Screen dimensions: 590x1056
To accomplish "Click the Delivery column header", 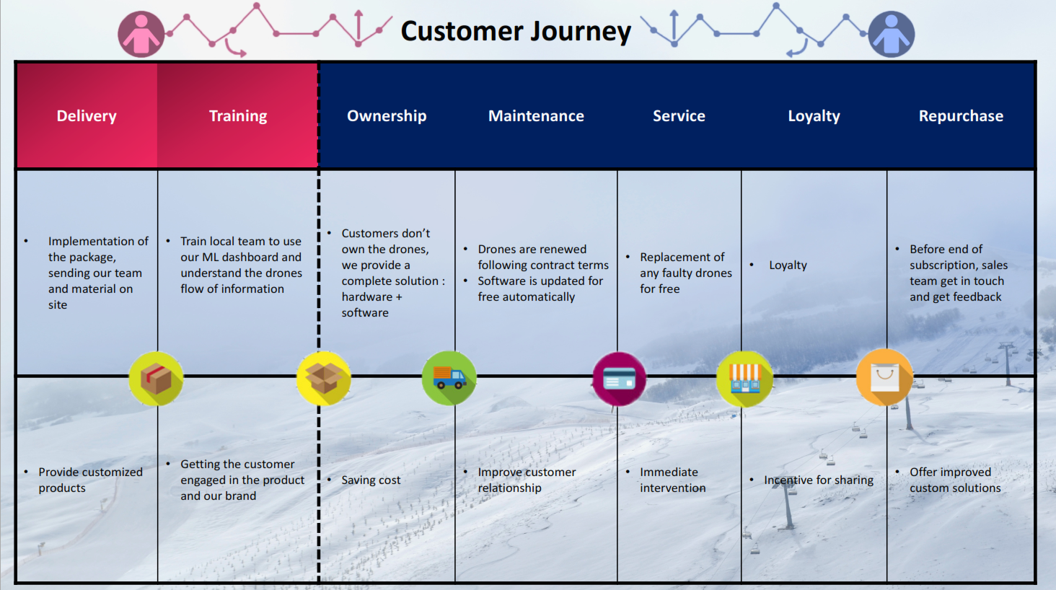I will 87,116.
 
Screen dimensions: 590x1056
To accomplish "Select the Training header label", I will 238,116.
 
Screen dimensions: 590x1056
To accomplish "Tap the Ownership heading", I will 387,116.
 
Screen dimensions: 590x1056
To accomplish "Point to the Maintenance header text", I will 536,116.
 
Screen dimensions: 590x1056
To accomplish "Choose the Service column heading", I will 679,116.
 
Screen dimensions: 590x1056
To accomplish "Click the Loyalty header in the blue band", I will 814,116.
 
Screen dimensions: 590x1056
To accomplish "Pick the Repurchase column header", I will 961,116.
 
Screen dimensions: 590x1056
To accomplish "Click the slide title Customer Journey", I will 516,31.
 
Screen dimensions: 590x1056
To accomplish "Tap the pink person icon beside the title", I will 141,34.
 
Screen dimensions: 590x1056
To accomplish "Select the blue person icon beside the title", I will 891,34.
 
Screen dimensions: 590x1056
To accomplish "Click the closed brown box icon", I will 156,379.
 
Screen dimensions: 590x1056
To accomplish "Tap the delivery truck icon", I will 449,378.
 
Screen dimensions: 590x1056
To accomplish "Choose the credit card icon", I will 619,379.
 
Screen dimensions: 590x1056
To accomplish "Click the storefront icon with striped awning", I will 744,379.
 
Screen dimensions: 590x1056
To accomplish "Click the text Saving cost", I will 371,480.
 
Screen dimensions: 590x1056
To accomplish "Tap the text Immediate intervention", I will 672,480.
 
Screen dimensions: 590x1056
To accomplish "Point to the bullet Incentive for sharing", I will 819,480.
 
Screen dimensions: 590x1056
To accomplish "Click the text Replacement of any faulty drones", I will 685,273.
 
